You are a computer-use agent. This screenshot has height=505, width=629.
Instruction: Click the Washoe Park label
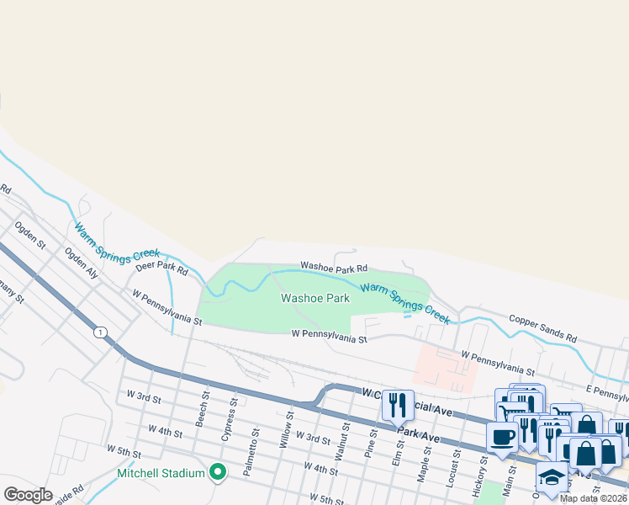(x=315, y=298)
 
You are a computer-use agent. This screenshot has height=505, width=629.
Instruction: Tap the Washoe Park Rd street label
(x=334, y=268)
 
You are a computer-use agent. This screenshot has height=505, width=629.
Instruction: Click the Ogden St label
(x=29, y=235)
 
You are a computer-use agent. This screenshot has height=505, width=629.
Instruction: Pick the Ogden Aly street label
(x=82, y=263)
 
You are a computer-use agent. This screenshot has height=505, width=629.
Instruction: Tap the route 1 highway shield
(x=100, y=332)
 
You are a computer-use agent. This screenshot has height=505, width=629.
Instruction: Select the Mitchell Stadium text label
(x=161, y=473)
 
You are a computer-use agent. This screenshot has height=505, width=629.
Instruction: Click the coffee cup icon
(x=502, y=438)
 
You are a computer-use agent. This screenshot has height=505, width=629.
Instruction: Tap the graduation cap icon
(x=552, y=476)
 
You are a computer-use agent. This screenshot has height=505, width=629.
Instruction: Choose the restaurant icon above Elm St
(x=398, y=405)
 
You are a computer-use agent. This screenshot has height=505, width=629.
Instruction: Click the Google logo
(x=28, y=494)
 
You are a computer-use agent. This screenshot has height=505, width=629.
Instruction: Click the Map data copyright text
(x=594, y=498)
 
